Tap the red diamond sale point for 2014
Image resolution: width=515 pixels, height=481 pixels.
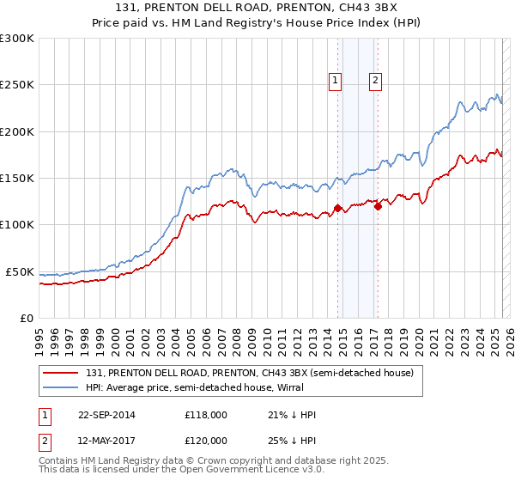point(337,207)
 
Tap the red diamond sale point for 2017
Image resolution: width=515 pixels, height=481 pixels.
point(378,205)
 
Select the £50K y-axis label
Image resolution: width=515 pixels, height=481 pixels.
point(19,271)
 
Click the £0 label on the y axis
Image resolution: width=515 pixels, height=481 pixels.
point(26,318)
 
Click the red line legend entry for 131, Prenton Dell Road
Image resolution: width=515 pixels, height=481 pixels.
point(250,373)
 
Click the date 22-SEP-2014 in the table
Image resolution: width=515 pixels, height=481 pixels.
point(106,415)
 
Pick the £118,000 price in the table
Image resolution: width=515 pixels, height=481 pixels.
point(206,415)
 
